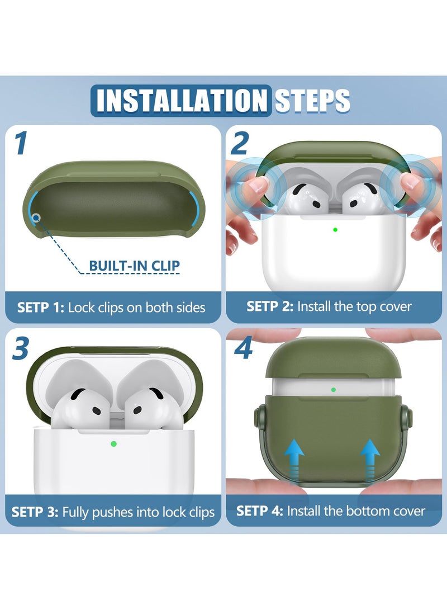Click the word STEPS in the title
[312, 101]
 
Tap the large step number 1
[21, 143]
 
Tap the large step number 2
[239, 143]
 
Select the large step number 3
[21, 348]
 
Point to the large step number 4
[243, 348]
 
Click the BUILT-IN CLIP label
[135, 266]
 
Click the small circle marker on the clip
[36, 217]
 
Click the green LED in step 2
[335, 230]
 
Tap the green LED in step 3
[113, 443]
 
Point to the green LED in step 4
[333, 389]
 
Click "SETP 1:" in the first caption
[40, 308]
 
